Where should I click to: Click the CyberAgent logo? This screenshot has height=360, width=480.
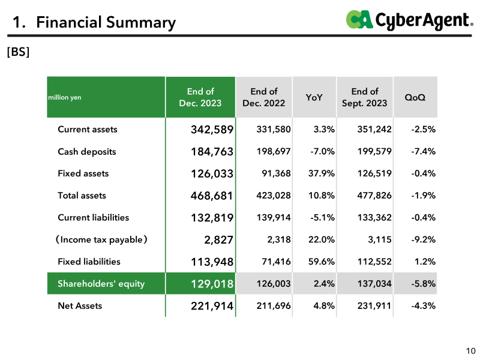click(x=409, y=20)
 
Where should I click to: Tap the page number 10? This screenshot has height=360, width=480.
click(x=471, y=351)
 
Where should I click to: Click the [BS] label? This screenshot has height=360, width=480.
click(x=19, y=52)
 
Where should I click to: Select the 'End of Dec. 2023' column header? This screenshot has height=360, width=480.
click(x=200, y=97)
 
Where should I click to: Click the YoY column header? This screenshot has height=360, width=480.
click(x=314, y=97)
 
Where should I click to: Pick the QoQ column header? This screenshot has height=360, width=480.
click(x=415, y=97)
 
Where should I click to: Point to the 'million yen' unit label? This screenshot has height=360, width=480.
click(x=65, y=97)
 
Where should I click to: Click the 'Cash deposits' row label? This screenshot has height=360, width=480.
click(x=87, y=152)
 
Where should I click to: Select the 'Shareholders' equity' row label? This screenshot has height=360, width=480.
click(x=101, y=284)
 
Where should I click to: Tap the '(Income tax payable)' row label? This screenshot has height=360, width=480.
click(x=101, y=239)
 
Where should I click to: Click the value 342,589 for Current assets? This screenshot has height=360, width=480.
click(x=212, y=130)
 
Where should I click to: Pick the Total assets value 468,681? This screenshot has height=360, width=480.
click(x=212, y=196)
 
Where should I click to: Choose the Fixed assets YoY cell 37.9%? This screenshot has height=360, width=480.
click(x=322, y=173)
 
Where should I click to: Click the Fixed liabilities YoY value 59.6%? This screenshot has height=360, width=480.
click(x=322, y=262)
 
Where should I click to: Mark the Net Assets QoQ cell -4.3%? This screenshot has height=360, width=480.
click(x=424, y=305)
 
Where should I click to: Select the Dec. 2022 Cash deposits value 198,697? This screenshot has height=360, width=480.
click(x=274, y=151)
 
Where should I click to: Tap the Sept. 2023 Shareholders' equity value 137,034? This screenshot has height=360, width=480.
click(x=374, y=283)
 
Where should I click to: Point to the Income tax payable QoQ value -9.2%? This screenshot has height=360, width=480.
click(x=424, y=239)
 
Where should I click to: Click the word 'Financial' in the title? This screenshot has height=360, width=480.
click(x=69, y=22)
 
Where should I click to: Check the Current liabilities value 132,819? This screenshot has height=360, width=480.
click(x=212, y=218)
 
